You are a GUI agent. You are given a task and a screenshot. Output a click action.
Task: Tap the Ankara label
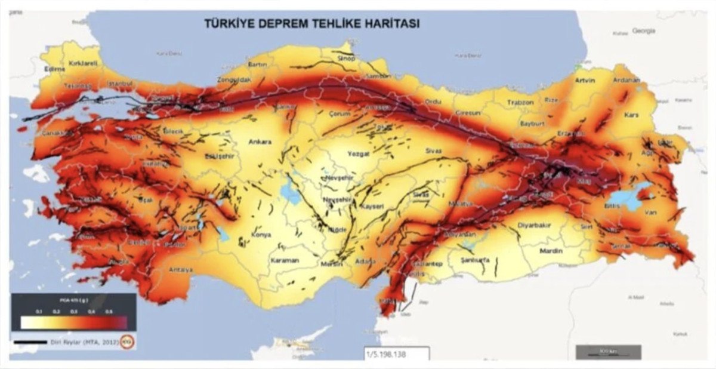[260, 142]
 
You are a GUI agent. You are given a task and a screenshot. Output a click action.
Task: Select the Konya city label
[261, 235]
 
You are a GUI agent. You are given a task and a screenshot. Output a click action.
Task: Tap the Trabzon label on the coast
[520, 102]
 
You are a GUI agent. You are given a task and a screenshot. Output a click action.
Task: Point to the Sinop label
[346, 58]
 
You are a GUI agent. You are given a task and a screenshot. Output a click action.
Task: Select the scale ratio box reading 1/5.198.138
[396, 353]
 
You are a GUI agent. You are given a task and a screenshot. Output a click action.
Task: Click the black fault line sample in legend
[30, 342]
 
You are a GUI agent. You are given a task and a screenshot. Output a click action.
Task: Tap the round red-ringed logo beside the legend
[127, 342]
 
